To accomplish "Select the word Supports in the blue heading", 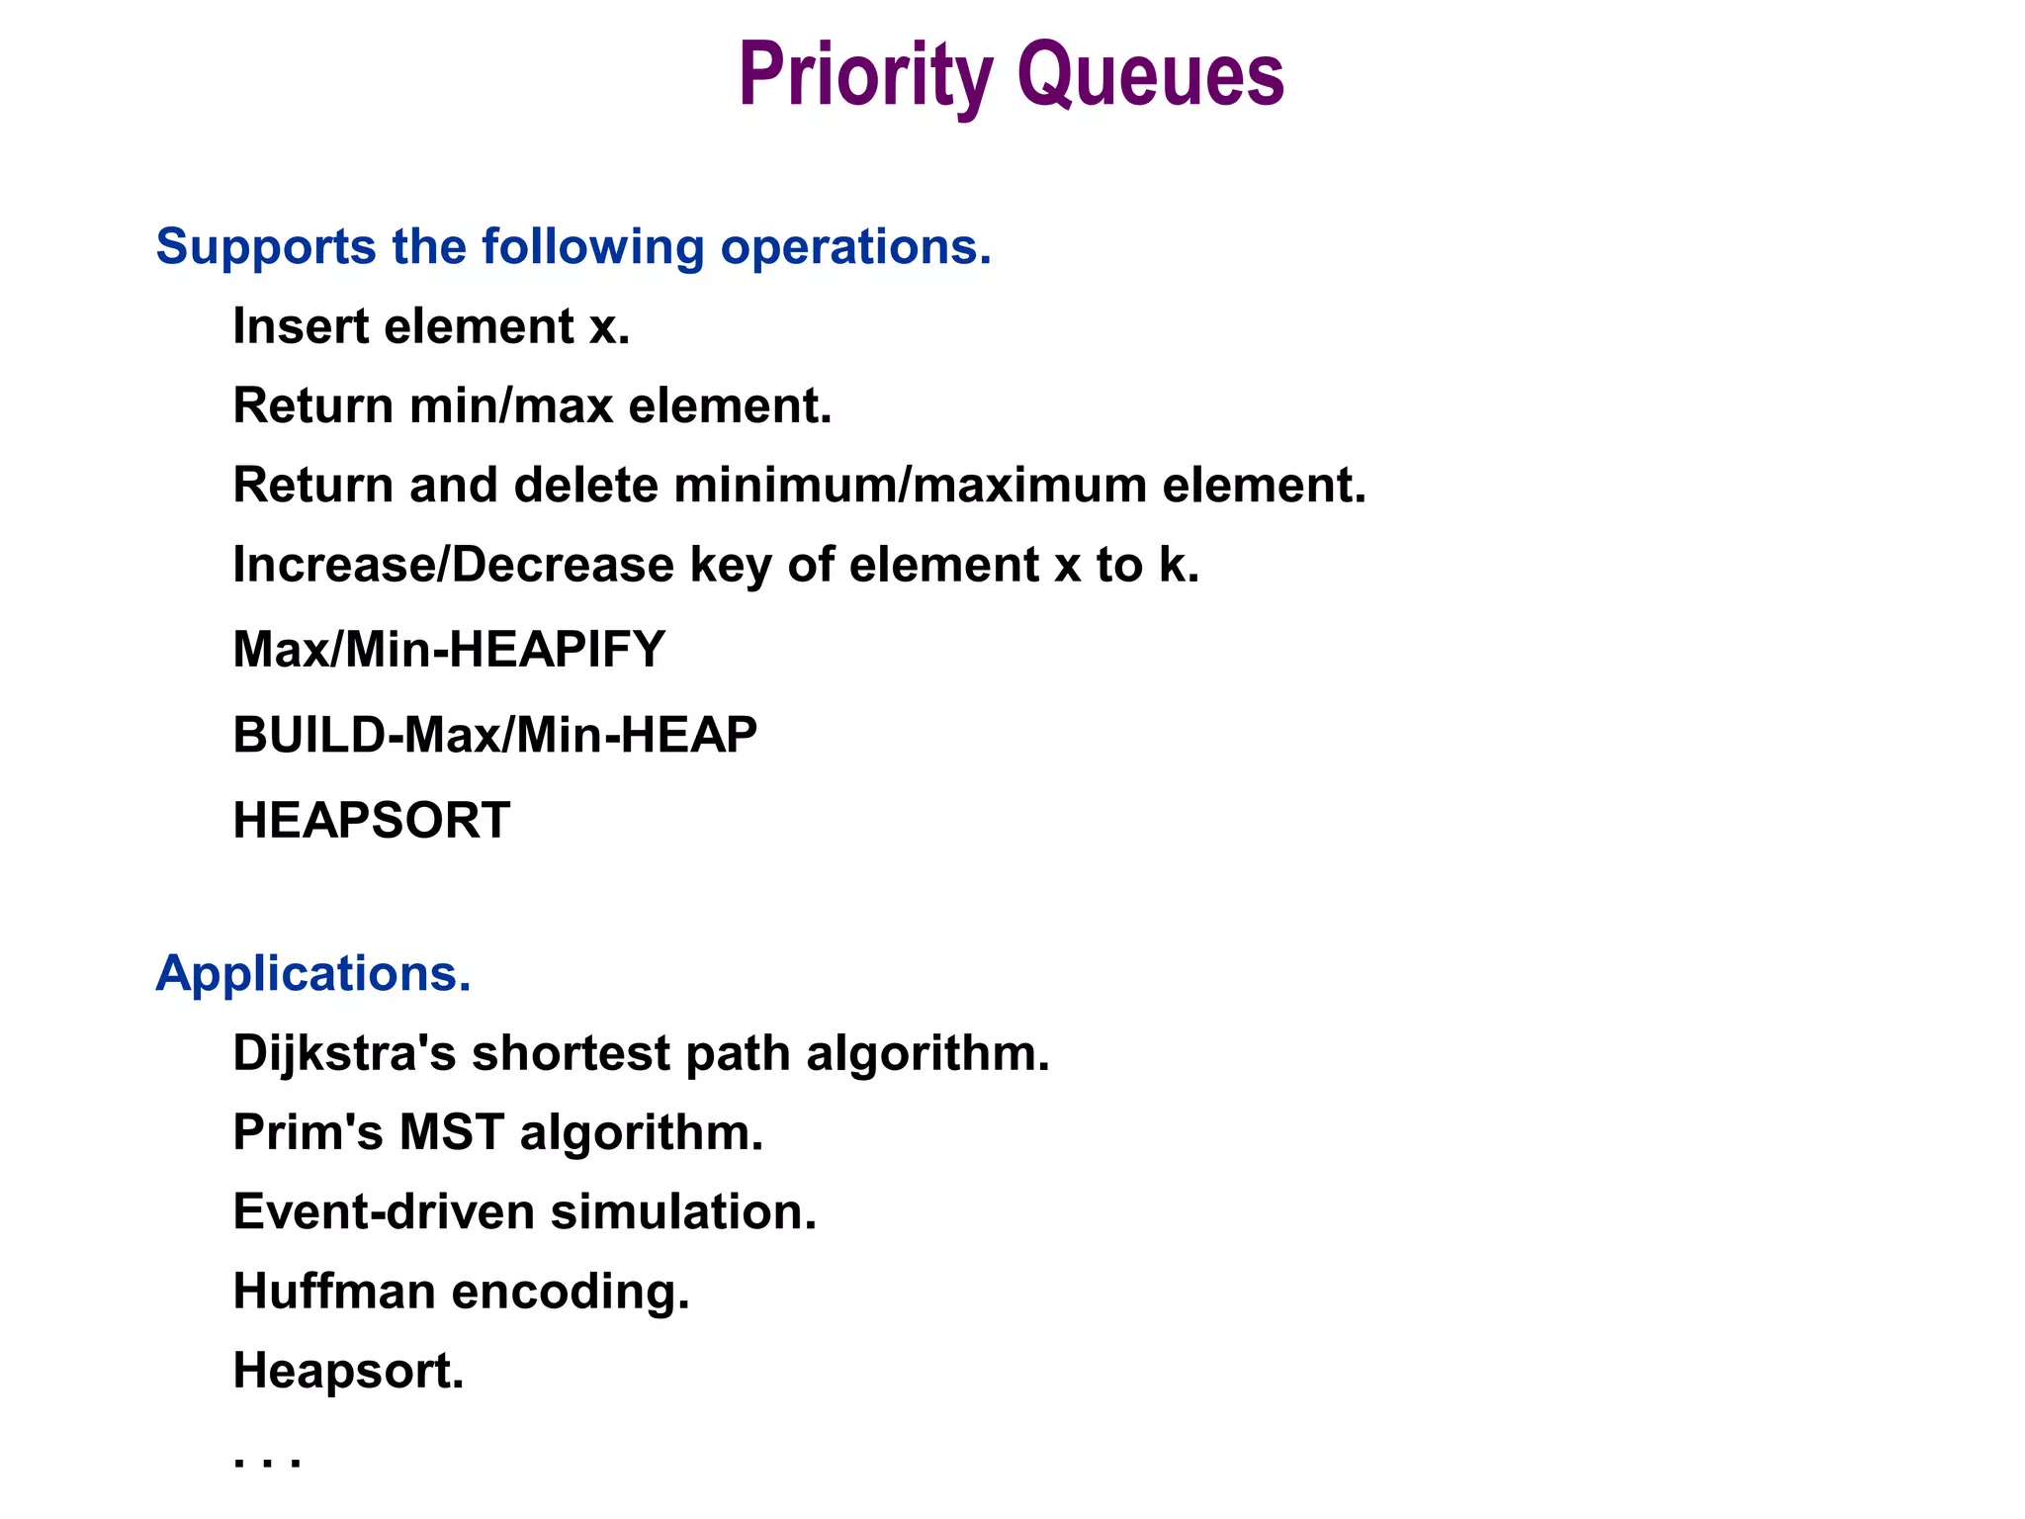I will [x=265, y=247].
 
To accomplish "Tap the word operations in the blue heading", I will [x=854, y=247].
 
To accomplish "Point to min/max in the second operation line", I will [x=511, y=405].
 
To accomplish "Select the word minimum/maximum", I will [x=911, y=486].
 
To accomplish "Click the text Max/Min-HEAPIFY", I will [x=449, y=650].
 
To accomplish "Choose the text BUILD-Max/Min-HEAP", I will [x=494, y=735].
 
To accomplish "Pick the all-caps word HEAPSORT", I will [x=372, y=821].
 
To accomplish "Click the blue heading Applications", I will [x=313, y=973].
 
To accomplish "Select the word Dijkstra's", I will [x=344, y=1052].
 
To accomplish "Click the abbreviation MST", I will [x=452, y=1132].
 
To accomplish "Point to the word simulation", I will [x=683, y=1211].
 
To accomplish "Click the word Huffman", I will [x=334, y=1292].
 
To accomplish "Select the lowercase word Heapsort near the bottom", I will [x=348, y=1371].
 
